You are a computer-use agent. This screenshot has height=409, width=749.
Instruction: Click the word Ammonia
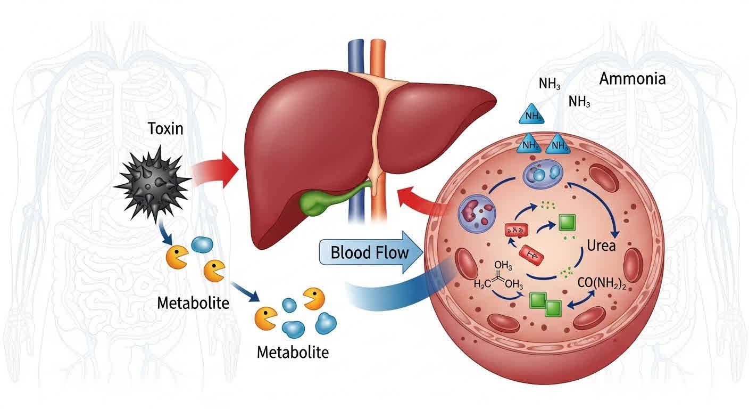632,79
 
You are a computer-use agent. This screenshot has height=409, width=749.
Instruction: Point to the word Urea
601,246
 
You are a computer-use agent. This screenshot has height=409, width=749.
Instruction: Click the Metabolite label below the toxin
193,303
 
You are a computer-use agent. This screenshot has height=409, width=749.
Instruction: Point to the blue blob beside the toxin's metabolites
202,244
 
